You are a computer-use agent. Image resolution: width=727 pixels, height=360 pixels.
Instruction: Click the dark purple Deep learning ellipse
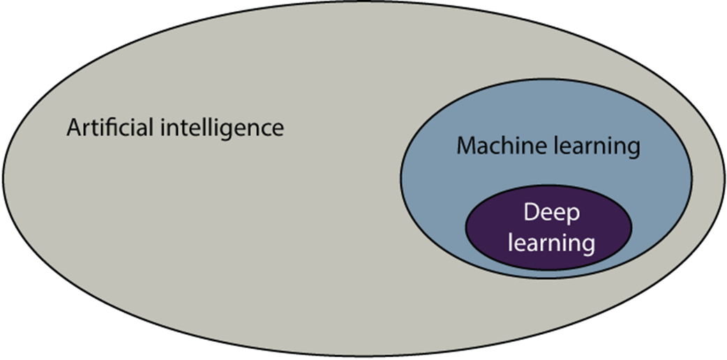coord(488,230)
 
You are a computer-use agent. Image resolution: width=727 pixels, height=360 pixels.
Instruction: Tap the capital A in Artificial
coord(74,128)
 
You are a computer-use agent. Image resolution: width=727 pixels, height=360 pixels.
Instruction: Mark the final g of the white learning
coord(588,247)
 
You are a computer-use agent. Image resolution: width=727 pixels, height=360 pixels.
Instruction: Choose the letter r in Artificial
coord(86,130)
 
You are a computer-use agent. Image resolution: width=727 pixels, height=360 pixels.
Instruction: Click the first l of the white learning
coord(511,243)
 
